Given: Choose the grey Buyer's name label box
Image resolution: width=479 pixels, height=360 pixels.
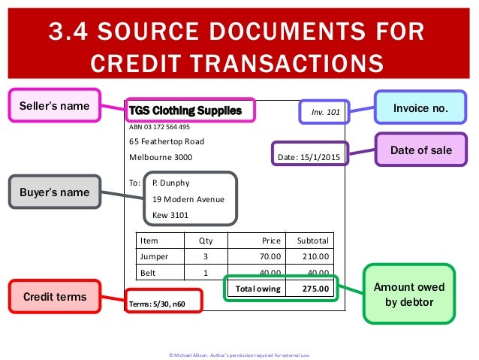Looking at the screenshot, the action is (x=53, y=192).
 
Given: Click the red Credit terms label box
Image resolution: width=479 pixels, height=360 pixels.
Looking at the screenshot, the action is (x=53, y=298).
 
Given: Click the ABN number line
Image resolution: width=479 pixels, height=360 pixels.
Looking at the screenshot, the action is (x=159, y=127).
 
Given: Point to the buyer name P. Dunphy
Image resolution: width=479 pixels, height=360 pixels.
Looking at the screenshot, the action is (x=171, y=182).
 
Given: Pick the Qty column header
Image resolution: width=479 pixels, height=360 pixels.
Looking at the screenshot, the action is (x=205, y=241).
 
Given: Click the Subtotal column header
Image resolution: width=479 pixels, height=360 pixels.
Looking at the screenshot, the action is (x=312, y=241).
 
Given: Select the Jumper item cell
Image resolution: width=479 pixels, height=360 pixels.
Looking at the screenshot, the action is (x=155, y=256).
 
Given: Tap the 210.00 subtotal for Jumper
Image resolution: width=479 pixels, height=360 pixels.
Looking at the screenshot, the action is (x=315, y=256).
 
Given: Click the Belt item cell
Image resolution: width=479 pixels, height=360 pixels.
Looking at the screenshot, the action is (x=148, y=272).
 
